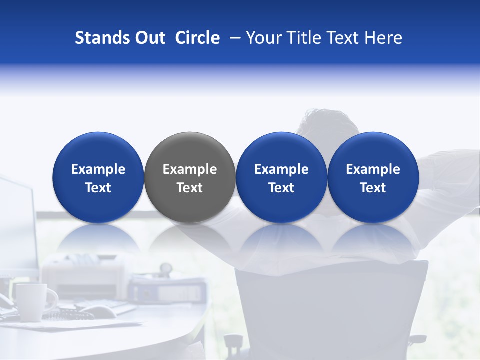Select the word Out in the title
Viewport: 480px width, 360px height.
[x=149, y=38]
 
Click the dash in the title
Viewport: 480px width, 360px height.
[x=232, y=38]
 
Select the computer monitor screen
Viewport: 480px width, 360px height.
[x=17, y=225]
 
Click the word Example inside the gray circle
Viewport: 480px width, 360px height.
[x=190, y=169]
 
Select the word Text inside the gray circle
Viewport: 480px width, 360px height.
[x=190, y=188]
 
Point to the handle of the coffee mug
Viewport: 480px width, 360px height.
[x=51, y=298]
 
